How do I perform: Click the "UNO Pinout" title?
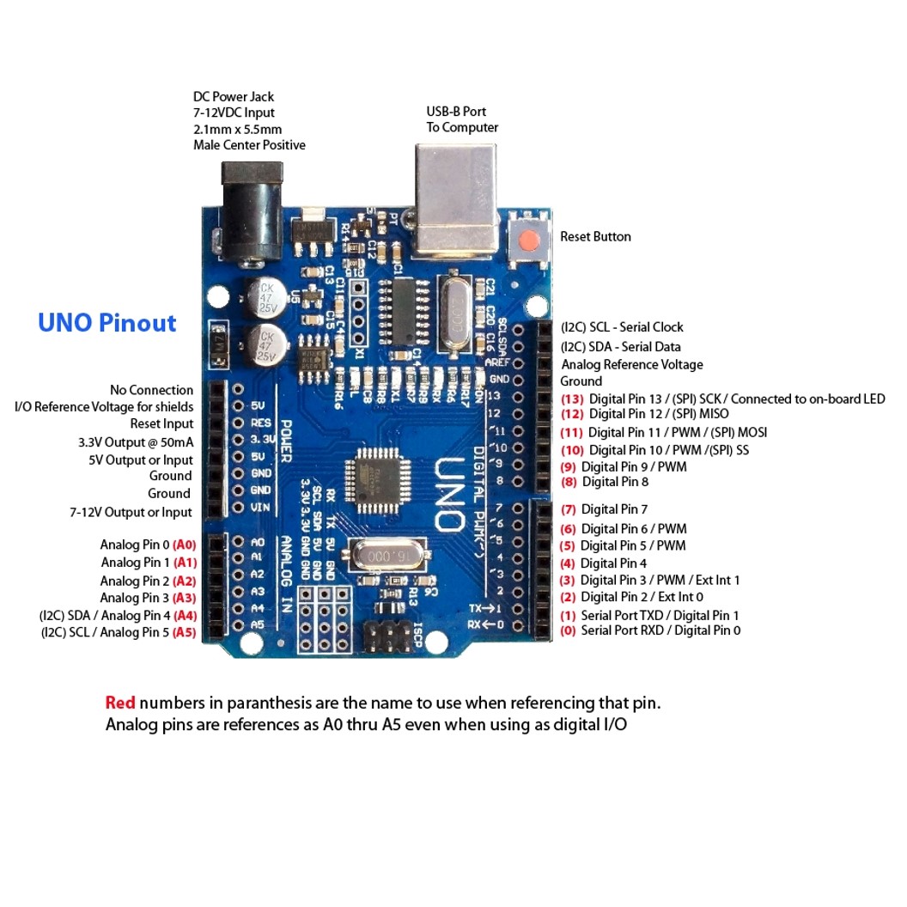click(107, 323)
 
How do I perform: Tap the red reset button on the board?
click(531, 237)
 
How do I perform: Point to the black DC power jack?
click(252, 210)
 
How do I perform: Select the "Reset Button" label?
click(595, 236)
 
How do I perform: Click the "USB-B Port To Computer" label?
click(462, 119)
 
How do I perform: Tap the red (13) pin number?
click(572, 399)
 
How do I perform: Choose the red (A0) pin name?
click(185, 545)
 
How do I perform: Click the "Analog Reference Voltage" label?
click(631, 364)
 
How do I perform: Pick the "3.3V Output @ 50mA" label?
click(136, 442)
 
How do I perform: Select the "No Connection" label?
click(151, 390)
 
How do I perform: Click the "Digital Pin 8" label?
click(615, 482)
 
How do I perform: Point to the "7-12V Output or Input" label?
click(131, 512)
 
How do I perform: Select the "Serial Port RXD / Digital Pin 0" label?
click(660, 630)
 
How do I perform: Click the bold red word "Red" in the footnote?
click(120, 703)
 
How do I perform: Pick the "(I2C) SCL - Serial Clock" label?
click(622, 327)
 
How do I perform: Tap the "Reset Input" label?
click(161, 423)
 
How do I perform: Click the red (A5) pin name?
click(185, 632)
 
